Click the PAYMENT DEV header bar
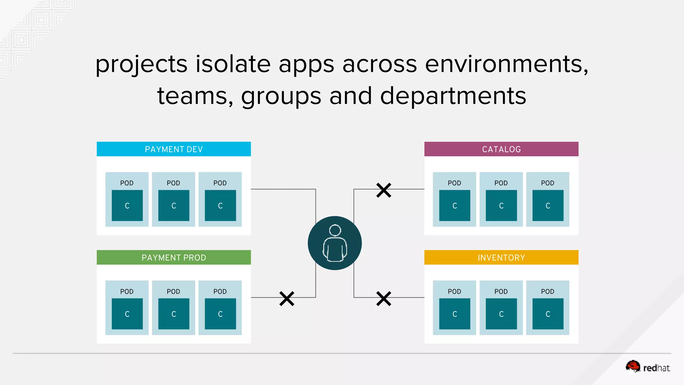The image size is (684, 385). point(174,149)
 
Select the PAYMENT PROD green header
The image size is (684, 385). point(174,257)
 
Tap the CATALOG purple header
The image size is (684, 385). point(501,149)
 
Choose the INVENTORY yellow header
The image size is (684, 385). point(501,257)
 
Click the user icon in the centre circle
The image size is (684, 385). point(335,243)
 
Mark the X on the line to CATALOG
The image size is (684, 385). point(383,190)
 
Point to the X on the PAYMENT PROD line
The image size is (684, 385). point(287,298)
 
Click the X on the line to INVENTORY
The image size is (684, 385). point(383,298)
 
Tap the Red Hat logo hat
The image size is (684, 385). point(633,366)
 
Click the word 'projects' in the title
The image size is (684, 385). point(141,64)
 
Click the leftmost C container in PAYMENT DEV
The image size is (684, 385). point(127,206)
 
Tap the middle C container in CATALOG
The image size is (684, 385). point(501,206)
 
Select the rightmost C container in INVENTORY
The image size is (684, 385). point(548,314)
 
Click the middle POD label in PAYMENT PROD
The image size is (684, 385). point(173,291)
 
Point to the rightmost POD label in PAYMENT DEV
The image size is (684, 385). point(220,183)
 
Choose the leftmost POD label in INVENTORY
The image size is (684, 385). point(454,291)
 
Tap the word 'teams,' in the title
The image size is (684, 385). point(195,96)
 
